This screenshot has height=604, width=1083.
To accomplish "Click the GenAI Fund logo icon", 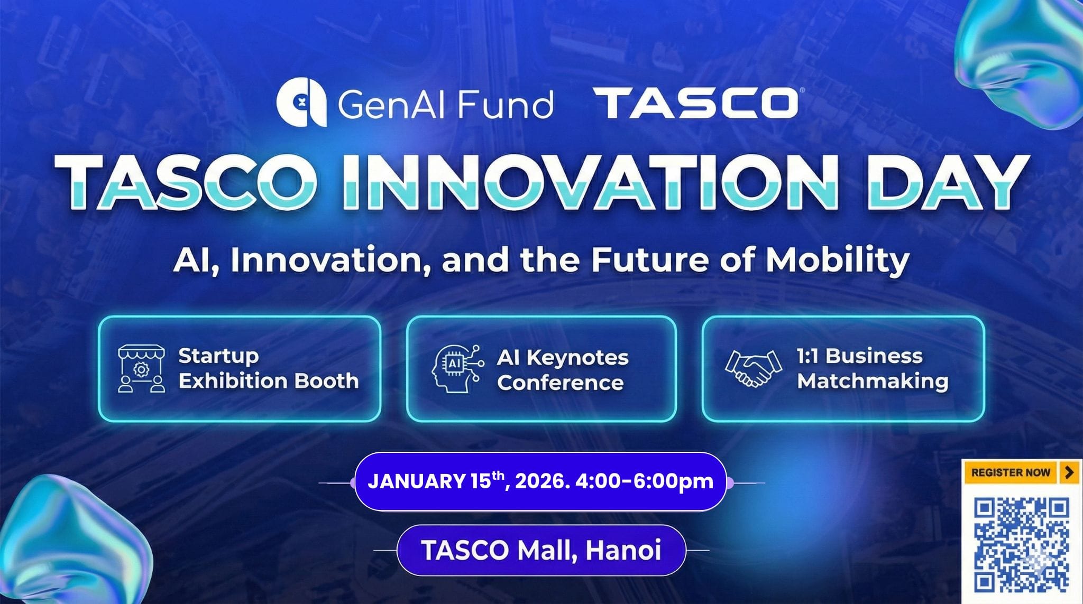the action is [301, 103].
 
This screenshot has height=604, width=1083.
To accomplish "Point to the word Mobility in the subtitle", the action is [838, 261].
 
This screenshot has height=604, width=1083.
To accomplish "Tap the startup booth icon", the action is [141, 368].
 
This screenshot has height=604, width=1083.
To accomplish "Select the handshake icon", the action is [753, 368].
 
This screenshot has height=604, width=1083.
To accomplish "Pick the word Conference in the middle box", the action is [560, 383].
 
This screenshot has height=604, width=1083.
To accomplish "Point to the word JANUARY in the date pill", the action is [416, 481].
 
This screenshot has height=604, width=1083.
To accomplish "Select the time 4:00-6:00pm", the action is [644, 482].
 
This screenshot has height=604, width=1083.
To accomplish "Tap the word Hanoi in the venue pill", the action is [623, 550].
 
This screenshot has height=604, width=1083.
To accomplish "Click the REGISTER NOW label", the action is [1011, 472].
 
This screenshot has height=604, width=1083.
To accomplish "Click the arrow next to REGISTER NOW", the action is [1069, 472].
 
